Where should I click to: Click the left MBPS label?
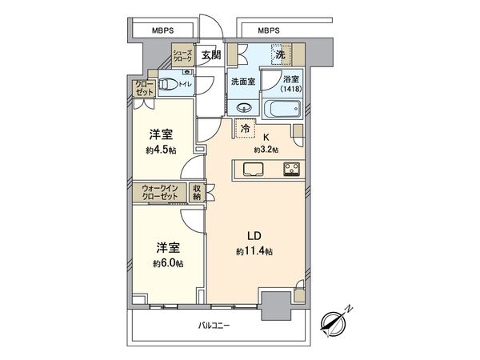click(x=166, y=31)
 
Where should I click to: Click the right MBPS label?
click(x=270, y=31)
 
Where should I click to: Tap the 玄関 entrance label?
click(x=210, y=55)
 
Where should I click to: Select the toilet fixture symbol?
click(x=168, y=82)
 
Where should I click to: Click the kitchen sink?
click(x=251, y=169)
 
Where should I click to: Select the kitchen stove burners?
click(x=289, y=169)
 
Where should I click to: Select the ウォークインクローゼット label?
click(x=160, y=193)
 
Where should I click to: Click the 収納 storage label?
click(x=197, y=193)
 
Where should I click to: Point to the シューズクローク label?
click(x=182, y=56)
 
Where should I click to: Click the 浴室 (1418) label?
click(x=292, y=85)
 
